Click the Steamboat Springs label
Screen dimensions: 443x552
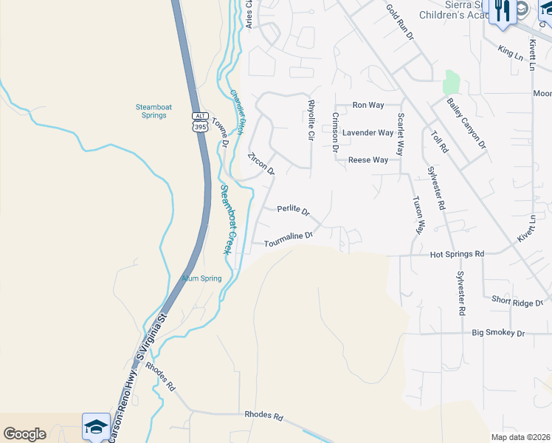tap(153, 111)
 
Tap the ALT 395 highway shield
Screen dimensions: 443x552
tap(199, 122)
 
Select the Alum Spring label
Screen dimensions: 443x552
tap(201, 278)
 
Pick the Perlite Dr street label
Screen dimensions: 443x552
tap(293, 210)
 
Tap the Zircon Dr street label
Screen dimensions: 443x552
tap(261, 164)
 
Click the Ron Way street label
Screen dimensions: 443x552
tap(368, 106)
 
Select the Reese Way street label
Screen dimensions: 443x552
tap(368, 160)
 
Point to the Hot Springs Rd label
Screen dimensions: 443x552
tap(457, 254)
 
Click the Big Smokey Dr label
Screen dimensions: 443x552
tap(498, 334)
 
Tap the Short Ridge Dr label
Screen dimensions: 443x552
tap(517, 301)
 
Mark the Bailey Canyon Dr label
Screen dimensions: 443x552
tap(466, 122)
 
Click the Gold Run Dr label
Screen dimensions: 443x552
tap(402, 21)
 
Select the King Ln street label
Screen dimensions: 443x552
tap(509, 52)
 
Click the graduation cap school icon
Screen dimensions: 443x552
tap(96, 427)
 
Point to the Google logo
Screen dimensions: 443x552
tap(24, 434)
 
